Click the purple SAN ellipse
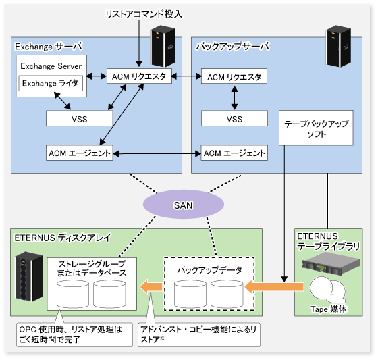[184, 205]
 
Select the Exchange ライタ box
[51, 83]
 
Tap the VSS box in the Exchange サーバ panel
[80, 118]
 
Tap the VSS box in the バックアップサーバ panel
[234, 118]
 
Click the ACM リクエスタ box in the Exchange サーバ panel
[139, 76]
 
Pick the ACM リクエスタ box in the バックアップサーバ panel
[234, 76]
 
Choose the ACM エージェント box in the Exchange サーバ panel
[80, 153]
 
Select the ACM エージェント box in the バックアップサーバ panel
[234, 153]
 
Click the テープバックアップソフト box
[316, 128]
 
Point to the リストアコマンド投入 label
[144, 14]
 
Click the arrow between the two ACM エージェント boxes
[157, 153]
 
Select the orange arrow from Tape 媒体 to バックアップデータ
[274, 287]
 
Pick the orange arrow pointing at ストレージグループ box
[151, 287]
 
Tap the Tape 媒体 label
[328, 309]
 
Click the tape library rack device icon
[331, 265]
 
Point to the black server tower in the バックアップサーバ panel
[338, 46]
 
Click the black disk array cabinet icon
[29, 276]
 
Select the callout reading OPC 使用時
[74, 334]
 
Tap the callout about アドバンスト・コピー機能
[199, 334]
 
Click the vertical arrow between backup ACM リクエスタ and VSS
[235, 97]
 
